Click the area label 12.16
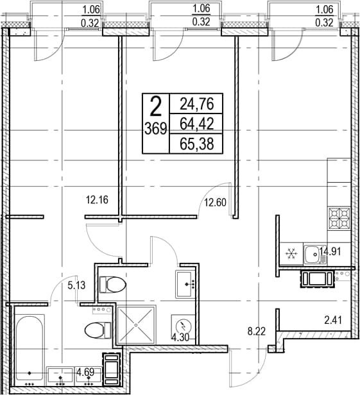97,200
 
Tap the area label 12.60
215,202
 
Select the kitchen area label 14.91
330,251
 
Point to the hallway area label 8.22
257,332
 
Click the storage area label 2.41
333,321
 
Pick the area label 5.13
76,285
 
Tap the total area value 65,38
197,144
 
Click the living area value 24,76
197,104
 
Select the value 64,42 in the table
197,124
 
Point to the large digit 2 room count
156,107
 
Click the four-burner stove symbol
339,218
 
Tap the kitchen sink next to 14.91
314,254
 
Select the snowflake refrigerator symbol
291,253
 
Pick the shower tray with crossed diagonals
137,324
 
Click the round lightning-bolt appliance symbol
183,326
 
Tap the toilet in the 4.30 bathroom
113,285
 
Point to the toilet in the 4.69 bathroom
98,330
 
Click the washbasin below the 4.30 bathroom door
185,284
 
